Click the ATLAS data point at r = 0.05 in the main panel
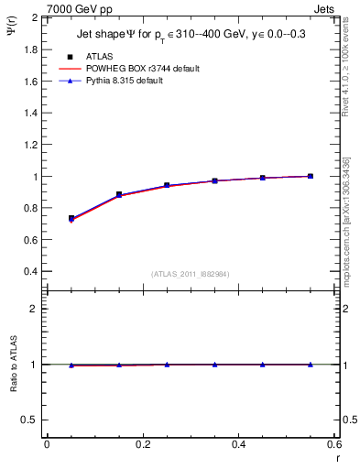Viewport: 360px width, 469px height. tap(71, 218)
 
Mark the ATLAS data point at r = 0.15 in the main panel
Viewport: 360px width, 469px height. tap(119, 194)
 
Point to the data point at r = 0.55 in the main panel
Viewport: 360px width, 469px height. tap(311, 176)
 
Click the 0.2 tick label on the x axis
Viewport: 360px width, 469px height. tap(143, 444)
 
